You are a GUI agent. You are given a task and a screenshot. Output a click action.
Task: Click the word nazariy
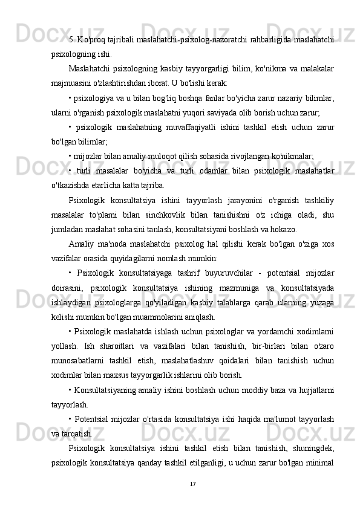261,98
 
